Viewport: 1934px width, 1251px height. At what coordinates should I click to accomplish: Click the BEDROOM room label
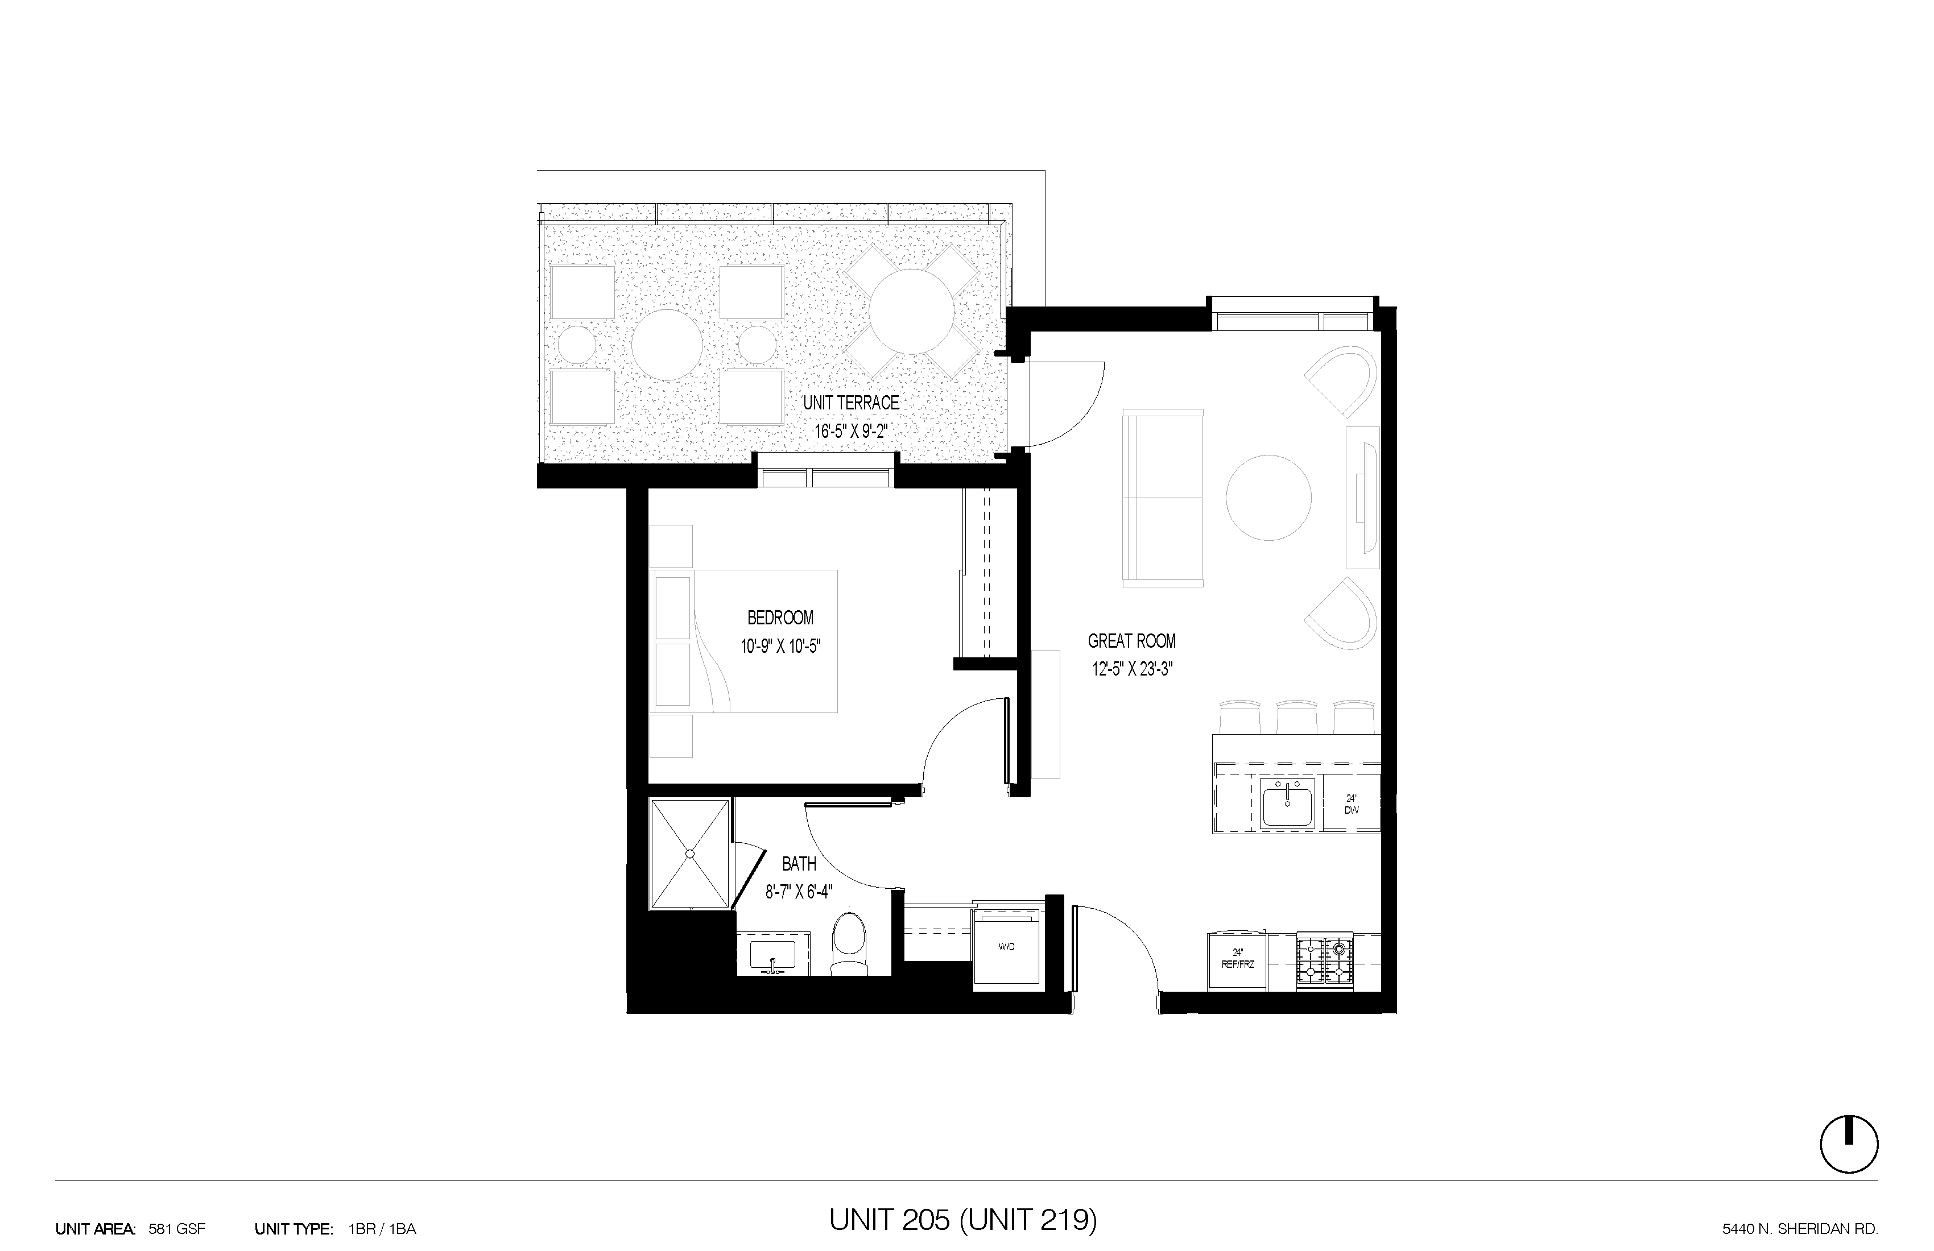point(780,618)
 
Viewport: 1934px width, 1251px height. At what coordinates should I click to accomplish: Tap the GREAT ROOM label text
point(1132,641)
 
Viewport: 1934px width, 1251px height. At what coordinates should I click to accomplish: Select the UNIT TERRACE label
point(851,402)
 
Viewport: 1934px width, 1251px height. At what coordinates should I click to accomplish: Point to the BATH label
point(799,864)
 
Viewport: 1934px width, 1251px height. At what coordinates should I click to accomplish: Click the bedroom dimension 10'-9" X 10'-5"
point(780,647)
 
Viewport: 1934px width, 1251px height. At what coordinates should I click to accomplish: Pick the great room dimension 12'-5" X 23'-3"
point(1132,669)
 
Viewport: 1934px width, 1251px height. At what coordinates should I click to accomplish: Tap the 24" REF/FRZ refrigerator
point(1238,961)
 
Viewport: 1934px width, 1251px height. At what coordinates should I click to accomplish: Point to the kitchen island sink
point(1287,804)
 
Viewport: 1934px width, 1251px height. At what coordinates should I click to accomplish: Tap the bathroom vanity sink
point(772,955)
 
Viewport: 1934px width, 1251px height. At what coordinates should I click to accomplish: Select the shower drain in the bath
point(690,854)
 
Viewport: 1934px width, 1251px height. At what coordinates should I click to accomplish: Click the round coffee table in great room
point(1268,497)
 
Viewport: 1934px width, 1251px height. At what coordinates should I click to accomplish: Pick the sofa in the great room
point(1163,497)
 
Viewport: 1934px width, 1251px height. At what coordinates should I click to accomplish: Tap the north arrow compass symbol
point(1849,1144)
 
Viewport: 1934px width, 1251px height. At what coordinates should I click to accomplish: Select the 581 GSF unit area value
point(177,1229)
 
